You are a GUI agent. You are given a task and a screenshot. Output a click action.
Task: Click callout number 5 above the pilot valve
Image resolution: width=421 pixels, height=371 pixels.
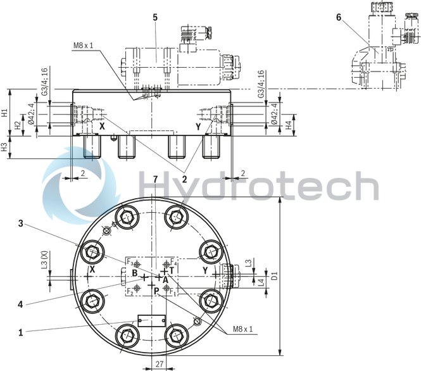[x=155, y=17]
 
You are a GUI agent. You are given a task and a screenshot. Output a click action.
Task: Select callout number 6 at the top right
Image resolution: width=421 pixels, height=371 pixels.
[x=339, y=17]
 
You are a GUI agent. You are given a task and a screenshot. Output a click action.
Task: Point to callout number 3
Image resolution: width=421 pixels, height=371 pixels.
[x=21, y=223]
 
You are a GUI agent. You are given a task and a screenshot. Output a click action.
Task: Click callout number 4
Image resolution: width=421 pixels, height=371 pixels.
[x=21, y=304]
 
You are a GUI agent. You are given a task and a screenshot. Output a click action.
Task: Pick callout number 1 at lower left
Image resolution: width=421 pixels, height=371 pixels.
[x=21, y=330]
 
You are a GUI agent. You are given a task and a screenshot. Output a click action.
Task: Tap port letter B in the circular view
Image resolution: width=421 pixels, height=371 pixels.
[x=135, y=274]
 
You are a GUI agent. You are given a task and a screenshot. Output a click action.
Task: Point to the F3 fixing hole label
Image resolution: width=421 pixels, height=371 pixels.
[x=130, y=262]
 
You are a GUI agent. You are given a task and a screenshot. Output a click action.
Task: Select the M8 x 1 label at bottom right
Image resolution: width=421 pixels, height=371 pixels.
[x=242, y=329]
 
